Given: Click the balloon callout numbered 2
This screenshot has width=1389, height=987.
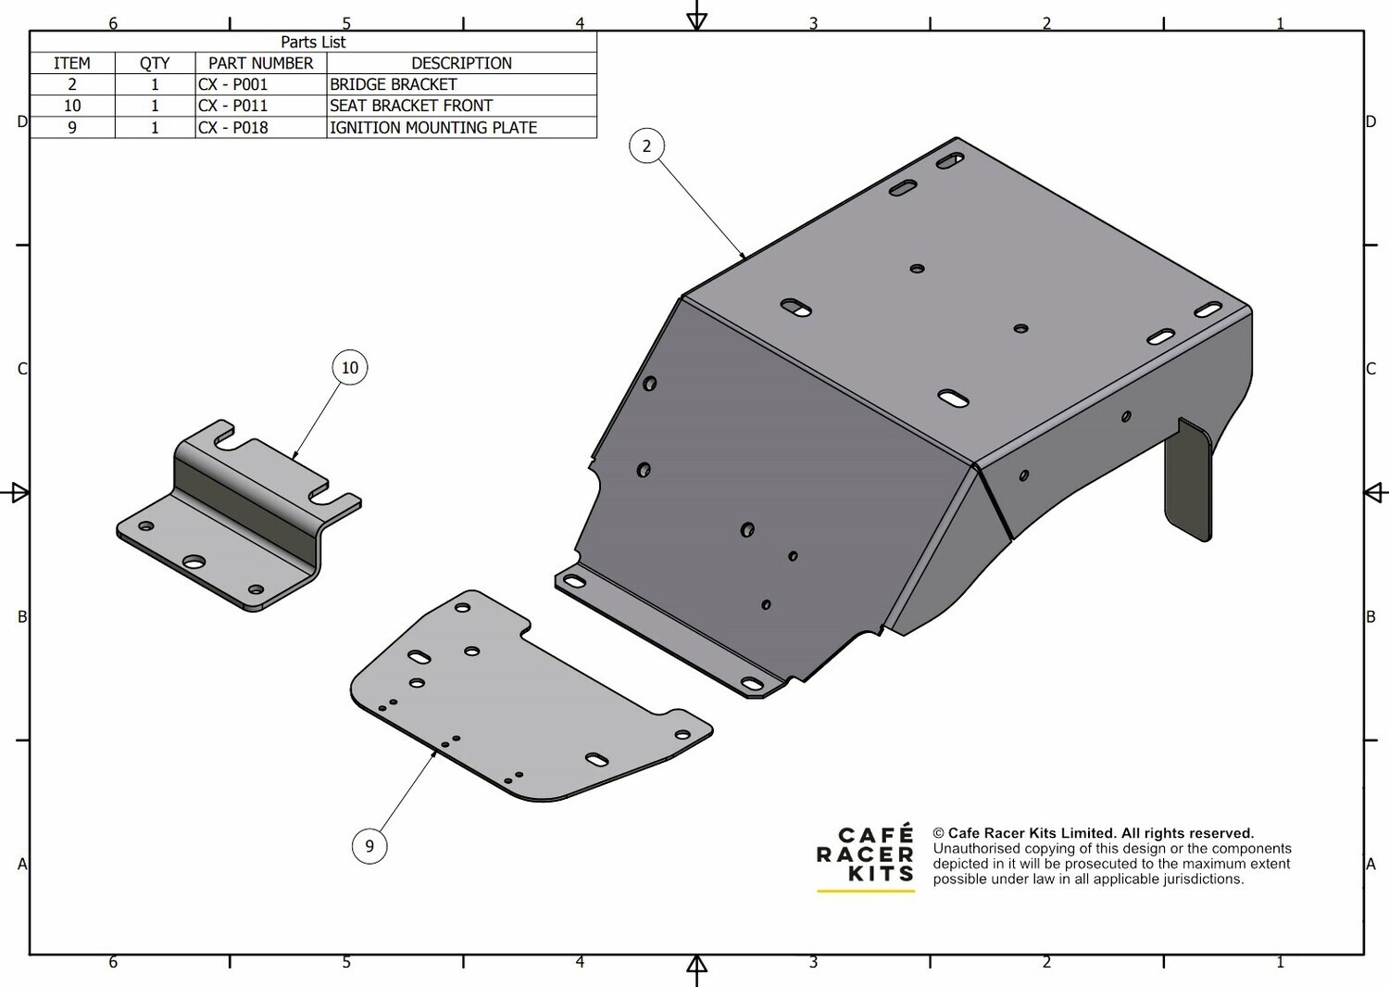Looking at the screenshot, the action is point(646,146).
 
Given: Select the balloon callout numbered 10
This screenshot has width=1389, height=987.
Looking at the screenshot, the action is point(350,368).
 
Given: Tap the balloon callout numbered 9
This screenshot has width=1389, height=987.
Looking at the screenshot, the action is point(369,846).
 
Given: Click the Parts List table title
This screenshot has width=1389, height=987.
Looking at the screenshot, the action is point(313,43).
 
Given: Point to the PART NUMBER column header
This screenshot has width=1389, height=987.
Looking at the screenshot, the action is point(260,63).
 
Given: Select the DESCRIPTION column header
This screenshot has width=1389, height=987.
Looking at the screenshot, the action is point(461,63).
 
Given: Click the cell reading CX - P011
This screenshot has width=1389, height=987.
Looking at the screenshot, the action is point(232,106).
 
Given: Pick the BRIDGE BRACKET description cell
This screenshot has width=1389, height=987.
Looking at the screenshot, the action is point(394,84).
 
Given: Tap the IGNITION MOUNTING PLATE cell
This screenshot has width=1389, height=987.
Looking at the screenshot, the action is point(433,127).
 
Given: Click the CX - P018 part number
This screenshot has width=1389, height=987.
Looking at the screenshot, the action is point(232,127).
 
